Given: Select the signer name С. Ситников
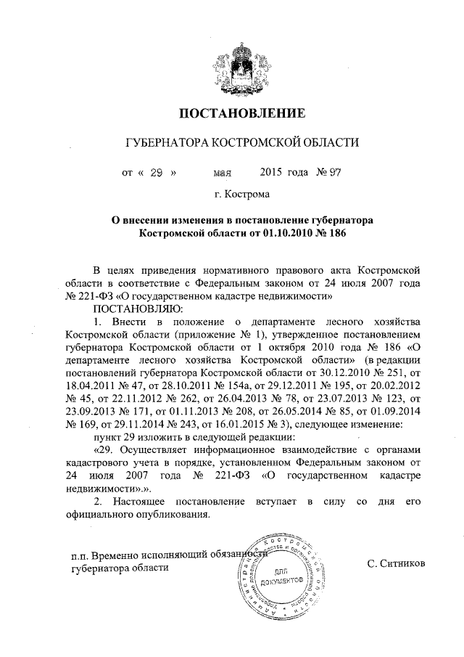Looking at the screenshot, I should (397, 563).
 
